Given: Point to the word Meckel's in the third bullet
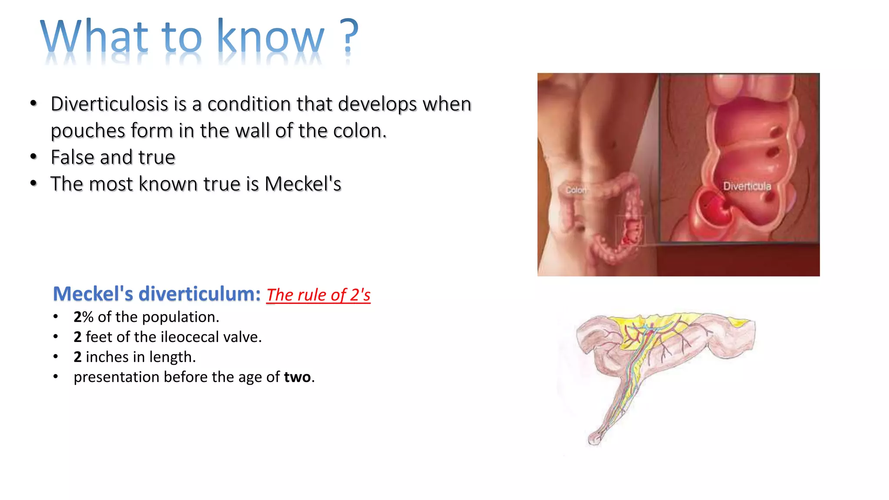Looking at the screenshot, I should pos(303,184).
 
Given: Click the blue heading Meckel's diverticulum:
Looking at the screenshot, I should pos(156,294).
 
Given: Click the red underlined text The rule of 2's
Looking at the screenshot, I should pos(318,295).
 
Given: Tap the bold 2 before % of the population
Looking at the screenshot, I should pos(78,317).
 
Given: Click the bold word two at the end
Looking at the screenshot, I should pos(297,377).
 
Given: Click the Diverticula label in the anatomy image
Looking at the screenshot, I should pos(747,186).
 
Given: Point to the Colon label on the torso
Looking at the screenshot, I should pos(576,190).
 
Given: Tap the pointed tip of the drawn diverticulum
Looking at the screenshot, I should pos(594,439).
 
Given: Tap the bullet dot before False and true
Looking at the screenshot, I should pos(34,157).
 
